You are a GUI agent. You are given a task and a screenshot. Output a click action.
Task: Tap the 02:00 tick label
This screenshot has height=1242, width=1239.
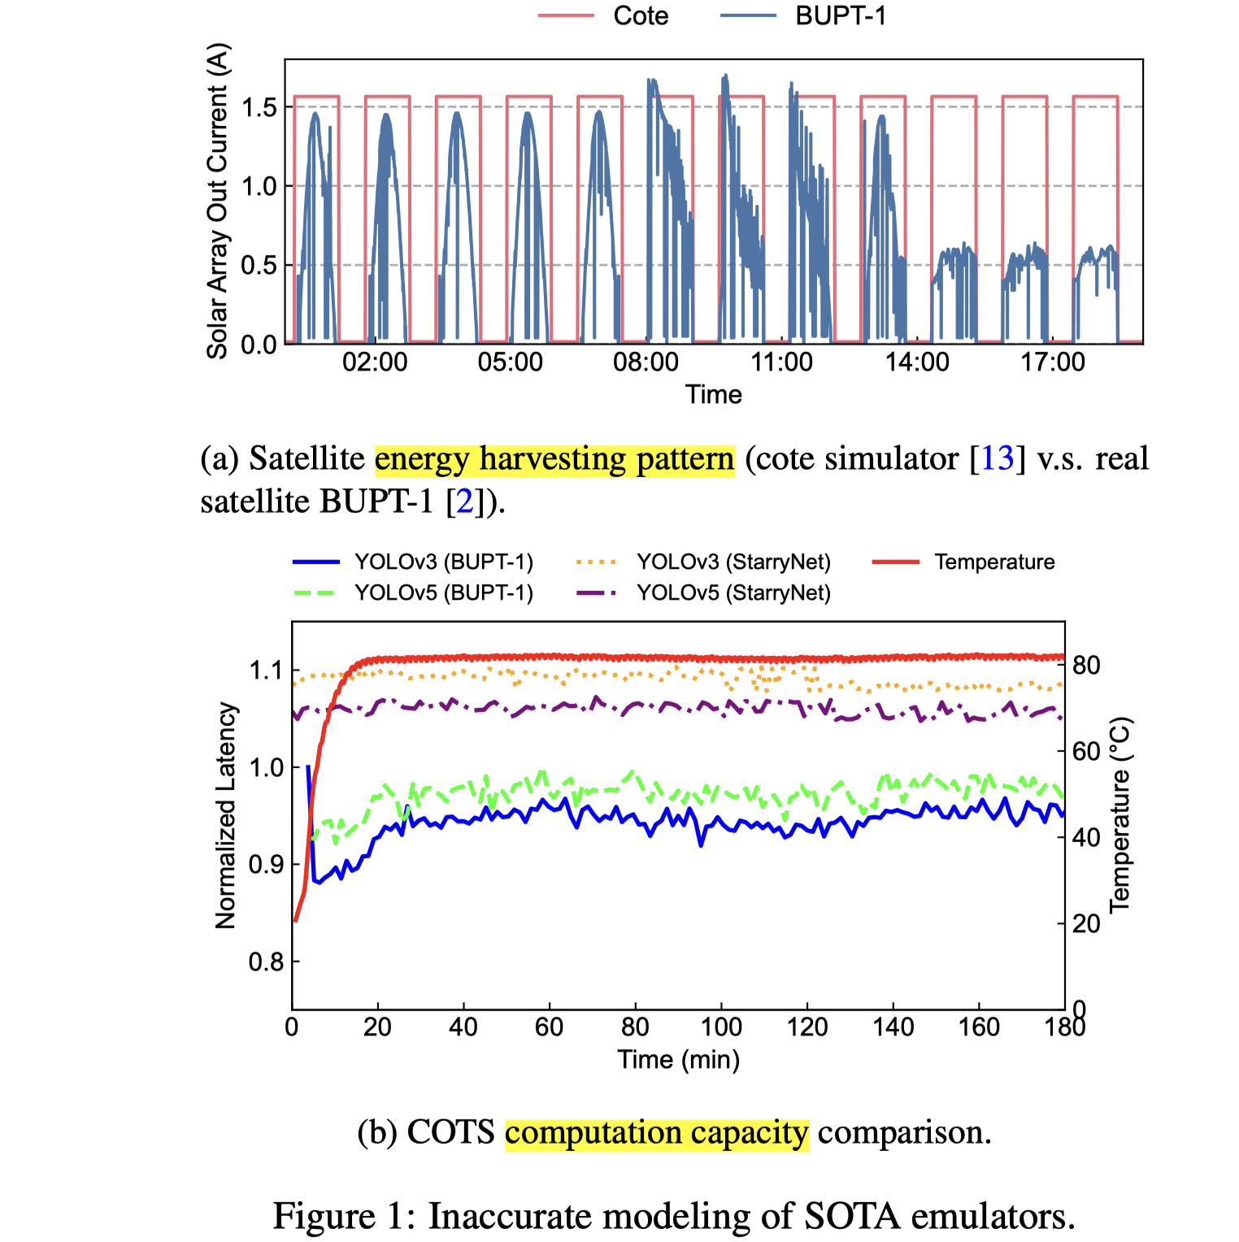[375, 363]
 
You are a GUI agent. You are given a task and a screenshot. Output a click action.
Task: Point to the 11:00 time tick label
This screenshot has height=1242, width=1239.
[781, 363]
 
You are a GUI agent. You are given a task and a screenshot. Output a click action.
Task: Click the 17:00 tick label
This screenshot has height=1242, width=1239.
[1053, 363]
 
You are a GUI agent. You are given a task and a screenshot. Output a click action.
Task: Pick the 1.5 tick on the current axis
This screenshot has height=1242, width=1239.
[259, 107]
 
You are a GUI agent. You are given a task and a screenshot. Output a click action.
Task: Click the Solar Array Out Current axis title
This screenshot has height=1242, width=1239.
[218, 201]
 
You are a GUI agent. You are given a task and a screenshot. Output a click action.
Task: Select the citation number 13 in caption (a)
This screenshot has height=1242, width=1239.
[998, 459]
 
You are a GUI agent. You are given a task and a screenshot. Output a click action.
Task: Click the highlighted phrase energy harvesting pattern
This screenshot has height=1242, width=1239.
[554, 459]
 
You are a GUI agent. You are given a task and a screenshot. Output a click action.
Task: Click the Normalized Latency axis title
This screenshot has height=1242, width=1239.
[226, 815]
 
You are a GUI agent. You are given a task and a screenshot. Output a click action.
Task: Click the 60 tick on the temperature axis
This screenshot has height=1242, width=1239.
[1086, 751]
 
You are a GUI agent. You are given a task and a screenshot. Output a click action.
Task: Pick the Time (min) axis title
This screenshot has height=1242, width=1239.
[679, 1060]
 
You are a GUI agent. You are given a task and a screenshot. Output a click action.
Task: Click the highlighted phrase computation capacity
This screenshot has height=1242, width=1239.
[657, 1132]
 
